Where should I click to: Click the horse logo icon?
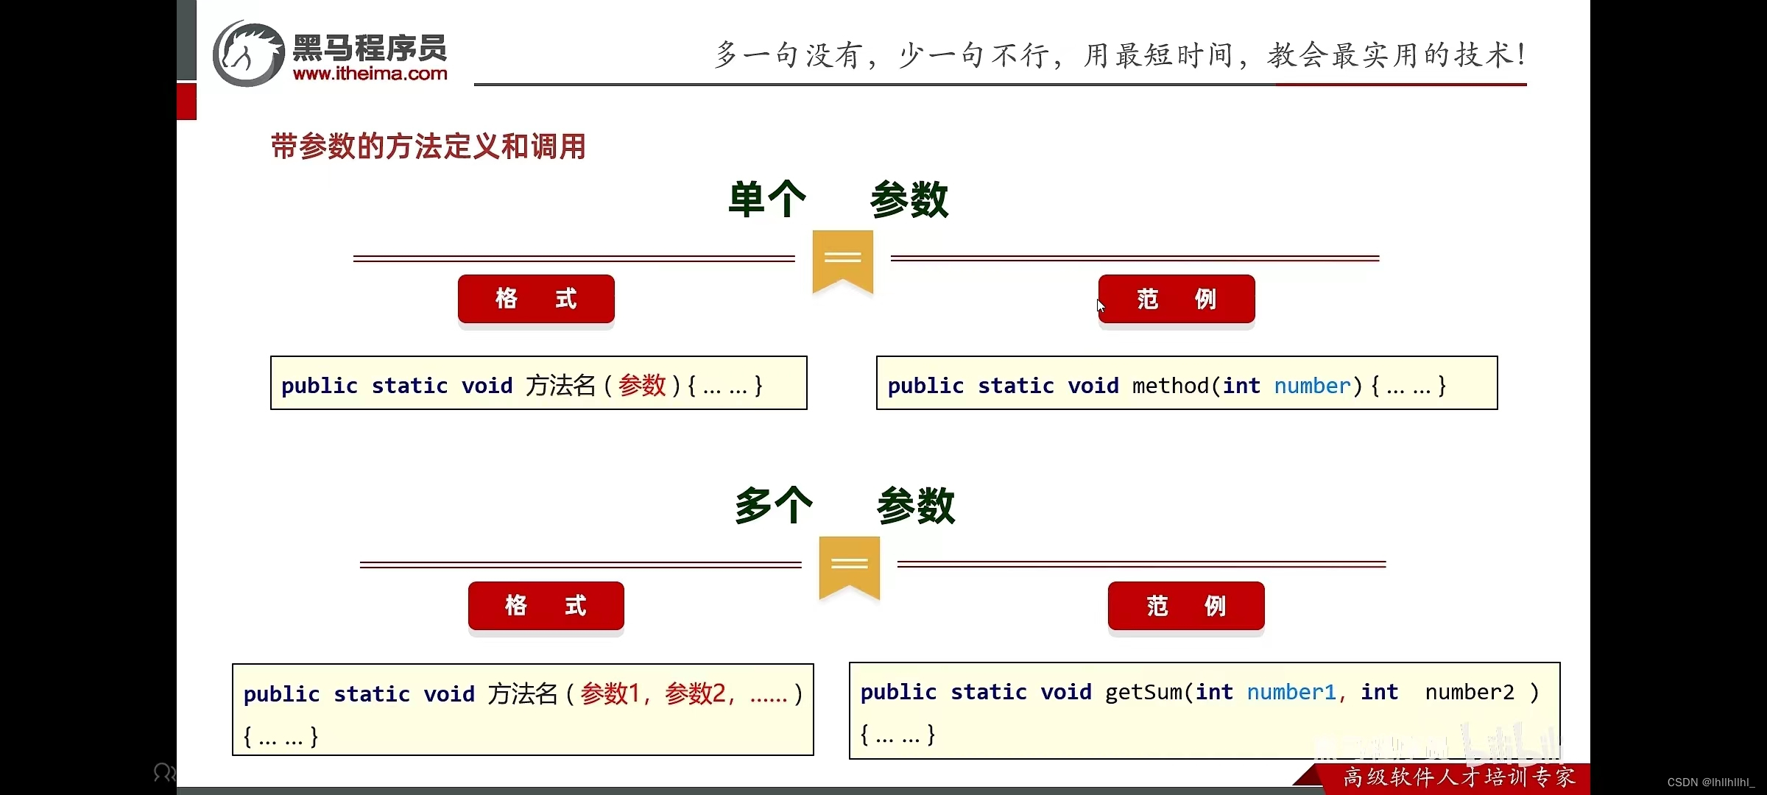click(x=248, y=54)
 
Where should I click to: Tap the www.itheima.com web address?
click(x=370, y=74)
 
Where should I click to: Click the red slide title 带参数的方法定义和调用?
click(x=428, y=146)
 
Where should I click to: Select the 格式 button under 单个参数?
click(x=536, y=299)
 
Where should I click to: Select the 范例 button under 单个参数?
click(x=1177, y=299)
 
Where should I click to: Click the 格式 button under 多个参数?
click(x=546, y=606)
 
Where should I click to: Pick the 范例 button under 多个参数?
click(x=1186, y=606)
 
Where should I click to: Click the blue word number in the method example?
click(x=1312, y=386)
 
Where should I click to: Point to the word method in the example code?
click(x=1171, y=386)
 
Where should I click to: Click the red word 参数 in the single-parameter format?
click(x=642, y=385)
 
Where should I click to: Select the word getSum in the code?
click(x=1143, y=692)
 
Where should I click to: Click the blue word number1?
click(x=1291, y=692)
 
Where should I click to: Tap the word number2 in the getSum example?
click(x=1470, y=692)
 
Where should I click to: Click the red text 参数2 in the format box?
click(x=695, y=693)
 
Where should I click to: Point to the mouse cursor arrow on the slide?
click(x=1100, y=305)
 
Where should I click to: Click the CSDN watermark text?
click(x=1710, y=782)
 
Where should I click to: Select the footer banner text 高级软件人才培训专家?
click(x=1459, y=777)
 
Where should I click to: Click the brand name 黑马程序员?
click(x=370, y=49)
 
